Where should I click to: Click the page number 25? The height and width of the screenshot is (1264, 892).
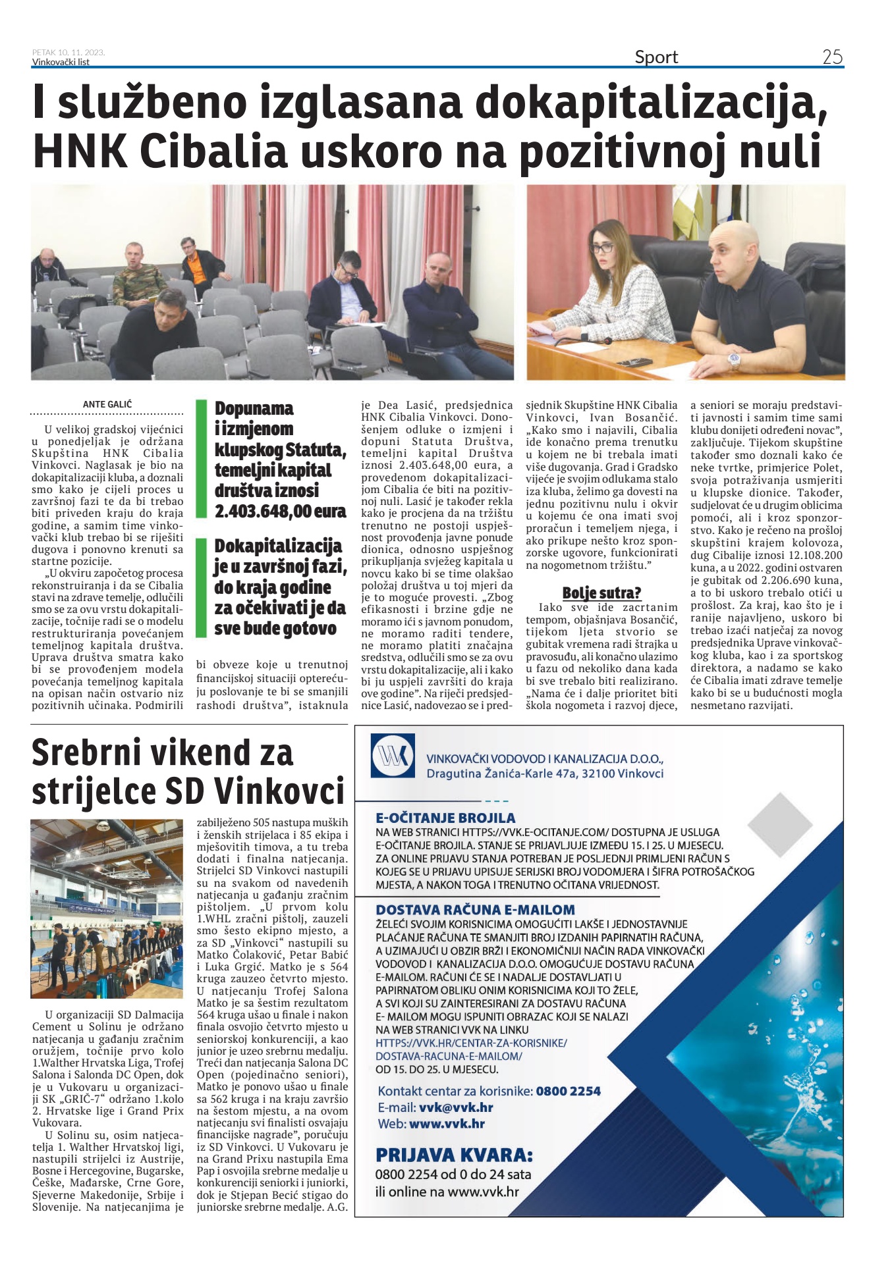pyautogui.click(x=832, y=57)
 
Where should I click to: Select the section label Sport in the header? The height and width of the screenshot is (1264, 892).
pyautogui.click(x=656, y=57)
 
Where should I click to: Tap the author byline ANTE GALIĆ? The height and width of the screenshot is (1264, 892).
pyautogui.click(x=107, y=404)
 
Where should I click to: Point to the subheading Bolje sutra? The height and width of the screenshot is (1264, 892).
pyautogui.click(x=601, y=592)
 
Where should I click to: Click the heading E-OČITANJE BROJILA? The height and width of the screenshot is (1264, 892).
pyautogui.click(x=445, y=818)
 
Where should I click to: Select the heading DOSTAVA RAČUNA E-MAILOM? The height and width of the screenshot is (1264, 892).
pyautogui.click(x=475, y=910)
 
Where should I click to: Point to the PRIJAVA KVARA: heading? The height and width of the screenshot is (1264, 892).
pyautogui.click(x=454, y=1155)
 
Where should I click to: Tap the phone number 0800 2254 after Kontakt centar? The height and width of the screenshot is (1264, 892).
pyautogui.click(x=568, y=1091)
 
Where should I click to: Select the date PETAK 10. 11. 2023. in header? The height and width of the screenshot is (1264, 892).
pyautogui.click(x=69, y=53)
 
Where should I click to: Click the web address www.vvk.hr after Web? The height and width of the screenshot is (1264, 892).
pyautogui.click(x=447, y=1124)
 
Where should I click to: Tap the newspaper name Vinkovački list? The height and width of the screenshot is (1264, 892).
pyautogui.click(x=61, y=62)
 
